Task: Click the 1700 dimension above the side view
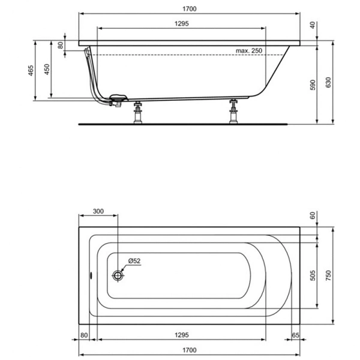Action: click(x=190, y=9)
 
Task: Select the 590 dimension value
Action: click(x=312, y=85)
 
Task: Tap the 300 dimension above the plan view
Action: click(x=98, y=211)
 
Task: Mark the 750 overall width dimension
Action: click(x=329, y=274)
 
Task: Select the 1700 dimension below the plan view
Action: click(x=190, y=349)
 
